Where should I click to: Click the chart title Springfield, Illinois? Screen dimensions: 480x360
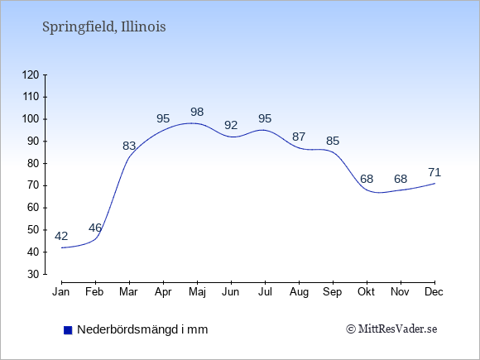tap(103, 27)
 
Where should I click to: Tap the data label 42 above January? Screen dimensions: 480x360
tap(61, 236)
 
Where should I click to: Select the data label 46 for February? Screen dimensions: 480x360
tap(95, 228)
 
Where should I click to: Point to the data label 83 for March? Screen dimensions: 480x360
tap(129, 146)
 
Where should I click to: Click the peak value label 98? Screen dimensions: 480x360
tap(197, 112)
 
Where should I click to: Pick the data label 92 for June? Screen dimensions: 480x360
tap(231, 125)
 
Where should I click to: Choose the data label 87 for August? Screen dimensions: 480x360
tap(299, 137)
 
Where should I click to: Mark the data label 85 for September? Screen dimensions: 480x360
tap(333, 141)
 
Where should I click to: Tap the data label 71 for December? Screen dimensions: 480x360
tap(434, 173)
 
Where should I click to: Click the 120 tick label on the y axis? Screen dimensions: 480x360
tap(31, 74)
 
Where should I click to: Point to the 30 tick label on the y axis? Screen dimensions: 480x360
tap(33, 274)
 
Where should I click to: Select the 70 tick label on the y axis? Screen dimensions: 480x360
tap(33, 185)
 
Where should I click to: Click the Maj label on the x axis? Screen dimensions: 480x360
tap(197, 292)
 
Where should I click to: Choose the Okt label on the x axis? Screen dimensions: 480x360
tap(367, 292)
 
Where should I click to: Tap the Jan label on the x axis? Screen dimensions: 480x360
tap(61, 292)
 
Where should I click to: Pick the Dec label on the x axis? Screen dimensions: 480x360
tap(434, 292)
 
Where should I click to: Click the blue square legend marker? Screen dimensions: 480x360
tap(68, 330)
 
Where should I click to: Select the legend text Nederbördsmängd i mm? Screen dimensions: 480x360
tap(142, 329)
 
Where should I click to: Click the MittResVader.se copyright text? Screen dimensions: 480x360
tap(391, 329)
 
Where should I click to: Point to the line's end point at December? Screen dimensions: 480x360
tap(434, 184)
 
